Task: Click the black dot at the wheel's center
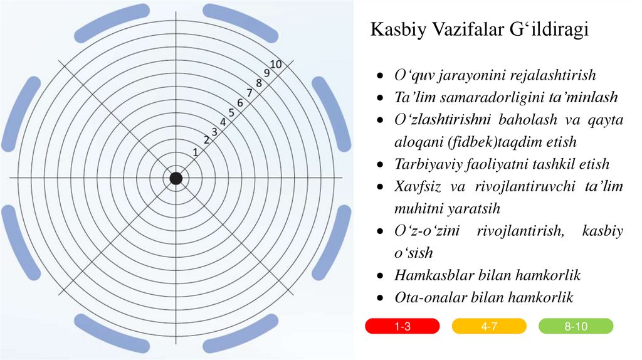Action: [x=176, y=178]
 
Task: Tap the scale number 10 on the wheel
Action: [x=275, y=63]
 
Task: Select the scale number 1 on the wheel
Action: [x=196, y=152]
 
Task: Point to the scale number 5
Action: [x=231, y=113]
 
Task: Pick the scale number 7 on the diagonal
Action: [x=250, y=93]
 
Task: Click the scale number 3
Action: [x=214, y=132]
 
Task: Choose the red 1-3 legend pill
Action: [x=402, y=326]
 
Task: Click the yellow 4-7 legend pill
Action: [x=489, y=326]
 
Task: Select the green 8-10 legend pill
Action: [x=576, y=326]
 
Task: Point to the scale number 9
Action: [x=266, y=73]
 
